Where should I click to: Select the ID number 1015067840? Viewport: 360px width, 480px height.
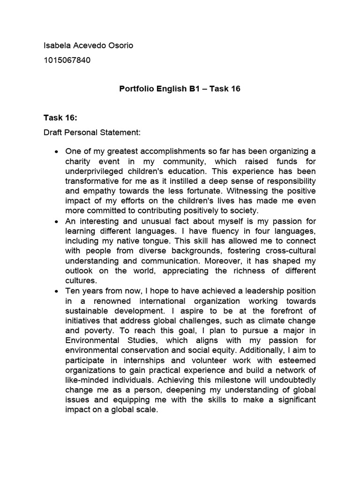[x=67, y=60]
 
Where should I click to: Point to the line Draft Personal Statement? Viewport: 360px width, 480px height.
[x=92, y=133]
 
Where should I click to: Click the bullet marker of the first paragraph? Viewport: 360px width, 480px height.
[x=56, y=151]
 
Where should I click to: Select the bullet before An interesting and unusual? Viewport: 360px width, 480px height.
[x=56, y=221]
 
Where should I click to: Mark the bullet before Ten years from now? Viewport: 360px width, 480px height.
[x=56, y=291]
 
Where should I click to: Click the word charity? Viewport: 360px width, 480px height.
[x=79, y=161]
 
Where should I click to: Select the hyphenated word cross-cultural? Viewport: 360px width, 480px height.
[x=289, y=250]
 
